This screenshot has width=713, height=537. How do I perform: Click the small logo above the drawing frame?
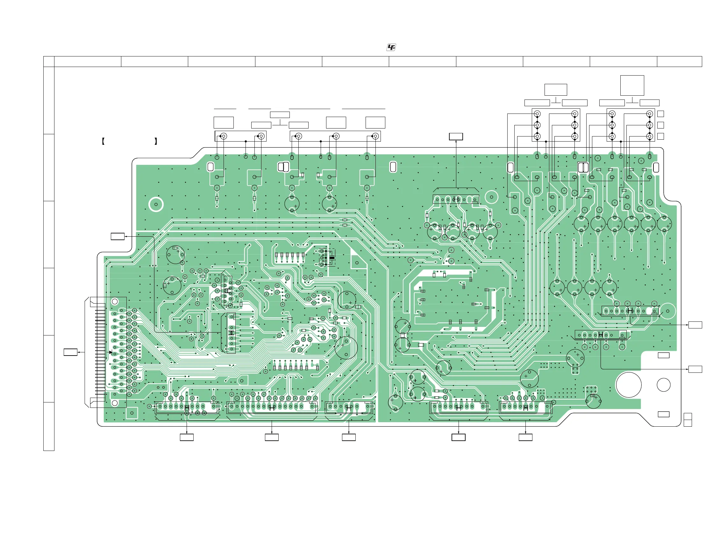[x=391, y=48]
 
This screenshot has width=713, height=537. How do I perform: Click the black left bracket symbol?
[x=103, y=141]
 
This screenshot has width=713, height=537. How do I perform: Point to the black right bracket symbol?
[x=156, y=141]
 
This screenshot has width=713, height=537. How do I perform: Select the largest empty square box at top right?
[x=632, y=85]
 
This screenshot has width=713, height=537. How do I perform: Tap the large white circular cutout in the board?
[x=629, y=385]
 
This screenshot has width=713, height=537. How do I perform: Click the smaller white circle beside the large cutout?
[x=663, y=385]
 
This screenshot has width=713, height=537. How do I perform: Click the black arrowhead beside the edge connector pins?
[x=111, y=352]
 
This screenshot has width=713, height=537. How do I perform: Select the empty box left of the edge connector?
[x=70, y=352]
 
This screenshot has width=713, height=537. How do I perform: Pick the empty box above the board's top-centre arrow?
[x=456, y=136]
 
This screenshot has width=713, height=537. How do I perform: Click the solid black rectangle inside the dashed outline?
[x=332, y=258]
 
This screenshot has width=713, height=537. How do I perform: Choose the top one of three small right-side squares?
[x=660, y=114]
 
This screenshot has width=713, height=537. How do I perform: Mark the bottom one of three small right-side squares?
[x=660, y=136]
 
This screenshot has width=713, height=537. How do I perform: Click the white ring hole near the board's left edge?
[x=156, y=204]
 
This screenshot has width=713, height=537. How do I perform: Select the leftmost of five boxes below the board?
[x=187, y=437]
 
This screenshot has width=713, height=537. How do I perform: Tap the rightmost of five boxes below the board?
[x=525, y=437]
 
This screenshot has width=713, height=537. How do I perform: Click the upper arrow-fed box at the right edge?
[x=695, y=325]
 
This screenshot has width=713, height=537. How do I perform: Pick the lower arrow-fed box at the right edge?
[x=695, y=369]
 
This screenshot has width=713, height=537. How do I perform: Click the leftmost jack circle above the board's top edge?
[x=224, y=136]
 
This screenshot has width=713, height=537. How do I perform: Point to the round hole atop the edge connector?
[x=115, y=301]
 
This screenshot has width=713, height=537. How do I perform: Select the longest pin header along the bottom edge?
[x=272, y=408]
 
